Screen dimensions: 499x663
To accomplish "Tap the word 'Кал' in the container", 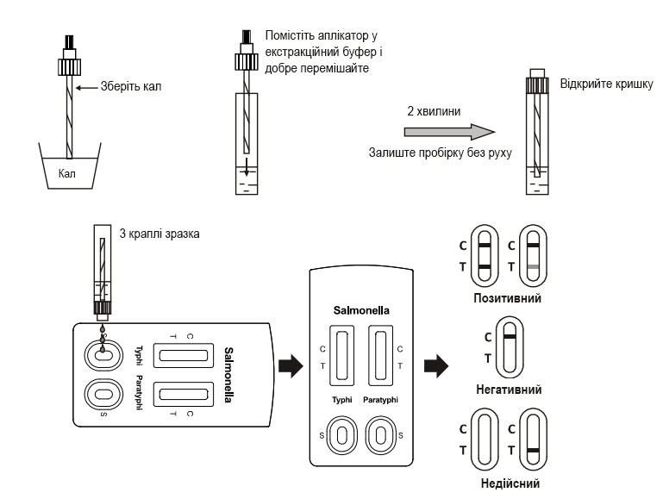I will pos(68,172).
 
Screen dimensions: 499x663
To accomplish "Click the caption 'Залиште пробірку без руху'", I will pos(440,153).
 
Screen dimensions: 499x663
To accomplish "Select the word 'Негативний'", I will pos(509,390).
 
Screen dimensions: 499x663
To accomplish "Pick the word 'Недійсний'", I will pos(508,483).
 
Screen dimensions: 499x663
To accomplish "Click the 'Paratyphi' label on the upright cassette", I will pos(380,400).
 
